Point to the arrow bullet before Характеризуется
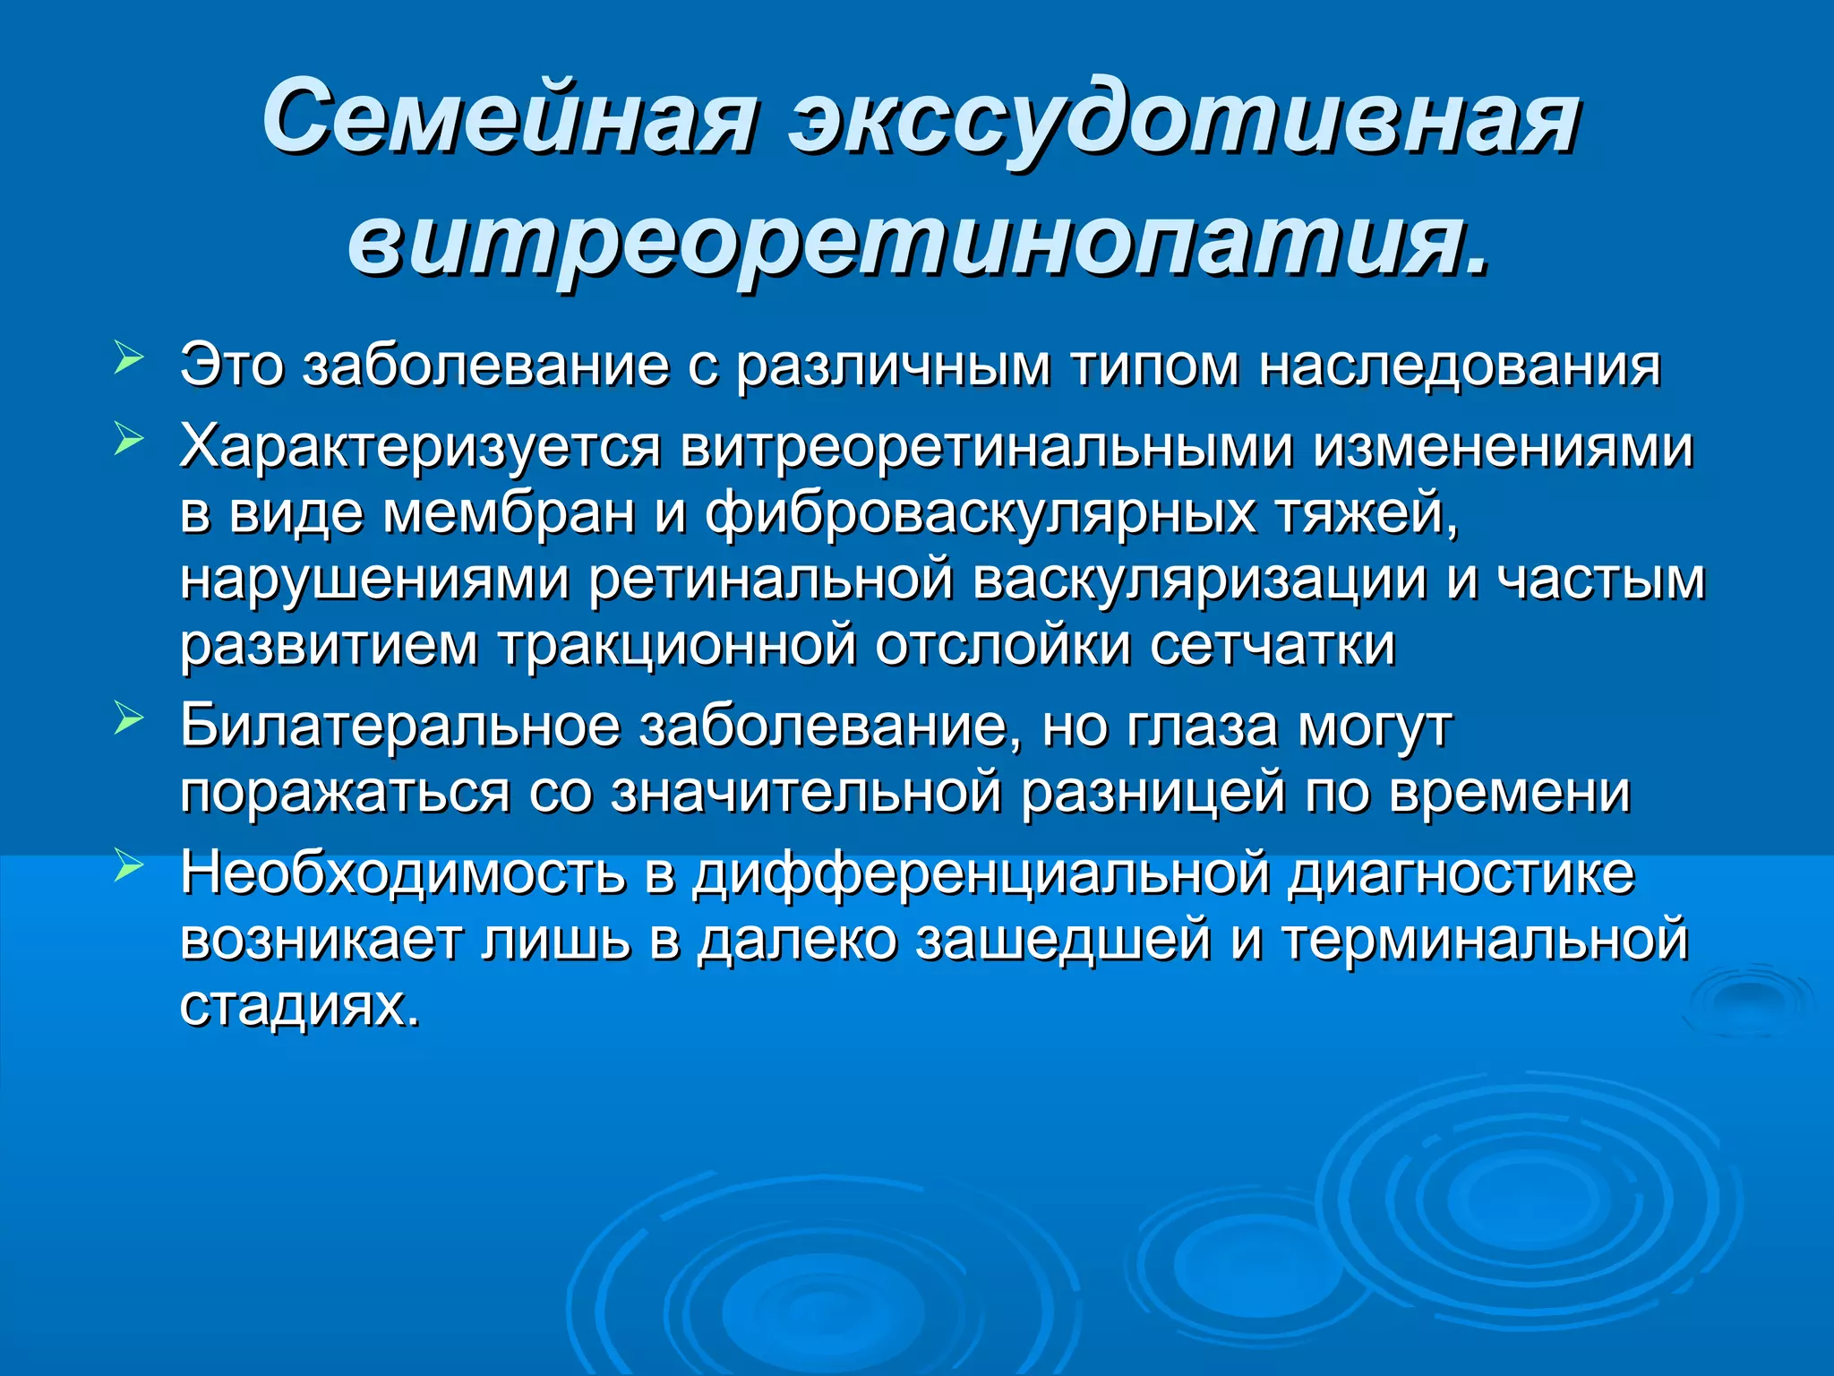(129, 440)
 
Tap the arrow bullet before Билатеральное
(129, 718)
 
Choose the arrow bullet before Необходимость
(129, 865)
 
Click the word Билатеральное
(399, 725)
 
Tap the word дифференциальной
(981, 873)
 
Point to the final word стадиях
(299, 1006)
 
